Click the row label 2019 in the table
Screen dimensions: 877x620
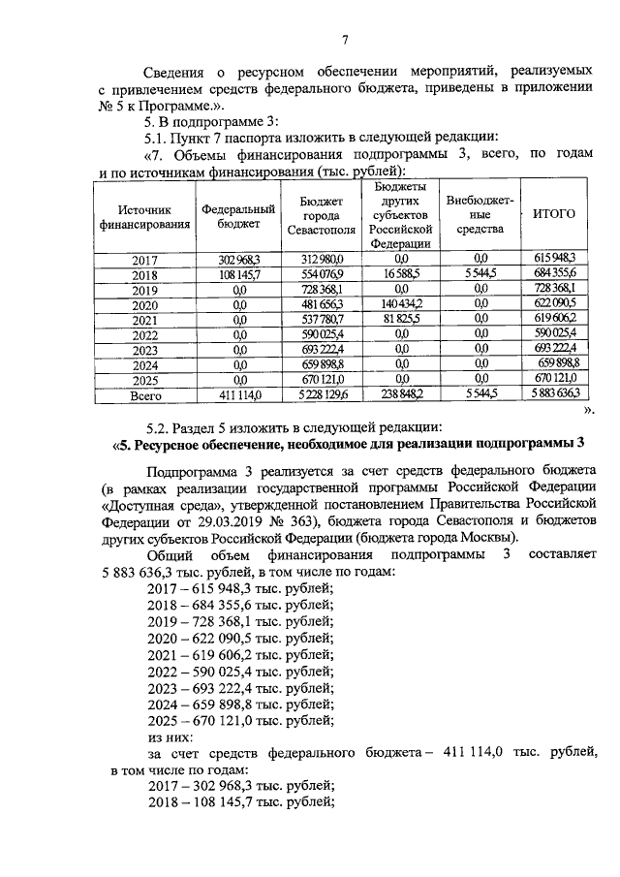click(144, 289)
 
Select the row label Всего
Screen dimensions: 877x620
click(144, 395)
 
